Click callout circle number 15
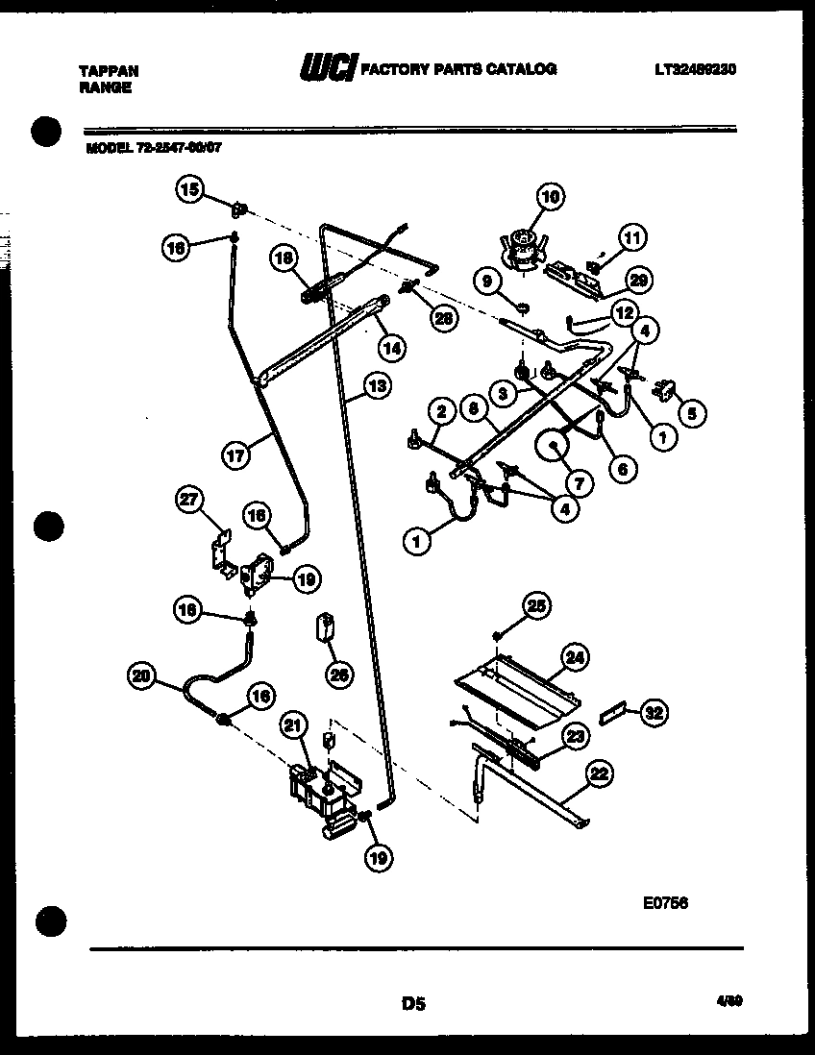[x=189, y=189]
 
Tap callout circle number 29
[x=635, y=280]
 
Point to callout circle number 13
[x=378, y=388]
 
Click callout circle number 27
[x=192, y=499]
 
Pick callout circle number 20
[x=142, y=676]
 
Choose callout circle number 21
[x=292, y=726]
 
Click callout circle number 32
[x=654, y=713]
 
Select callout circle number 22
[x=599, y=773]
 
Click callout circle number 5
[x=693, y=413]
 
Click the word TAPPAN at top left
[x=108, y=71]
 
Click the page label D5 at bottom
[x=413, y=1004]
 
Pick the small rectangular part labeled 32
[x=612, y=715]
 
